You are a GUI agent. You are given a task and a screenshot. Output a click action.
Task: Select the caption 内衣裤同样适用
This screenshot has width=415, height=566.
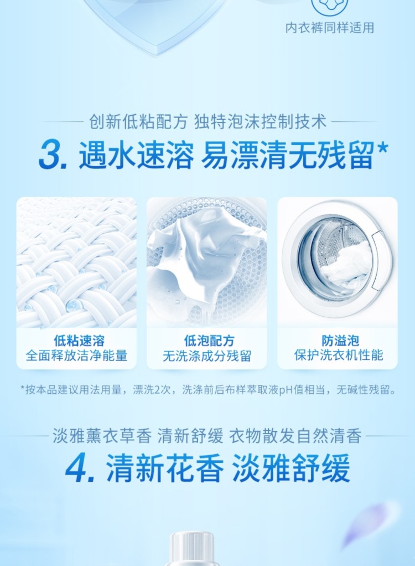[330, 28]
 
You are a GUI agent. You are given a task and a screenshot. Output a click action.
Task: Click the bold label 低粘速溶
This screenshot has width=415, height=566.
[79, 340]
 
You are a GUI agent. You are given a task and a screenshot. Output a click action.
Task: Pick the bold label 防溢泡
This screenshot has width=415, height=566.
[340, 340]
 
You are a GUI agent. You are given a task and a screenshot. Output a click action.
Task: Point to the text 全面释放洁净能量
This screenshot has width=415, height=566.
[76, 356]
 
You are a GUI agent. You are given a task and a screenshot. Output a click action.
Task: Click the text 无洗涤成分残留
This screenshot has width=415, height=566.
[206, 356]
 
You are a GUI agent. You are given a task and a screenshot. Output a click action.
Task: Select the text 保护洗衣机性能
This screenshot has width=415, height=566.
[338, 355]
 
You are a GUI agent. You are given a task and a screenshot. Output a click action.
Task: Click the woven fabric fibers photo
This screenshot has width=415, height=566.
[76, 263]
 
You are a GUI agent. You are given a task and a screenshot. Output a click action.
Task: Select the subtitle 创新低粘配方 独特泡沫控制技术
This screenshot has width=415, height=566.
[207, 122]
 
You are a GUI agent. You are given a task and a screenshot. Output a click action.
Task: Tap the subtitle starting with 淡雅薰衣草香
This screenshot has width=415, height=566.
[207, 436]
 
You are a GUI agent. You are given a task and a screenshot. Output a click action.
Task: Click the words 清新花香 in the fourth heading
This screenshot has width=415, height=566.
[165, 469]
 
